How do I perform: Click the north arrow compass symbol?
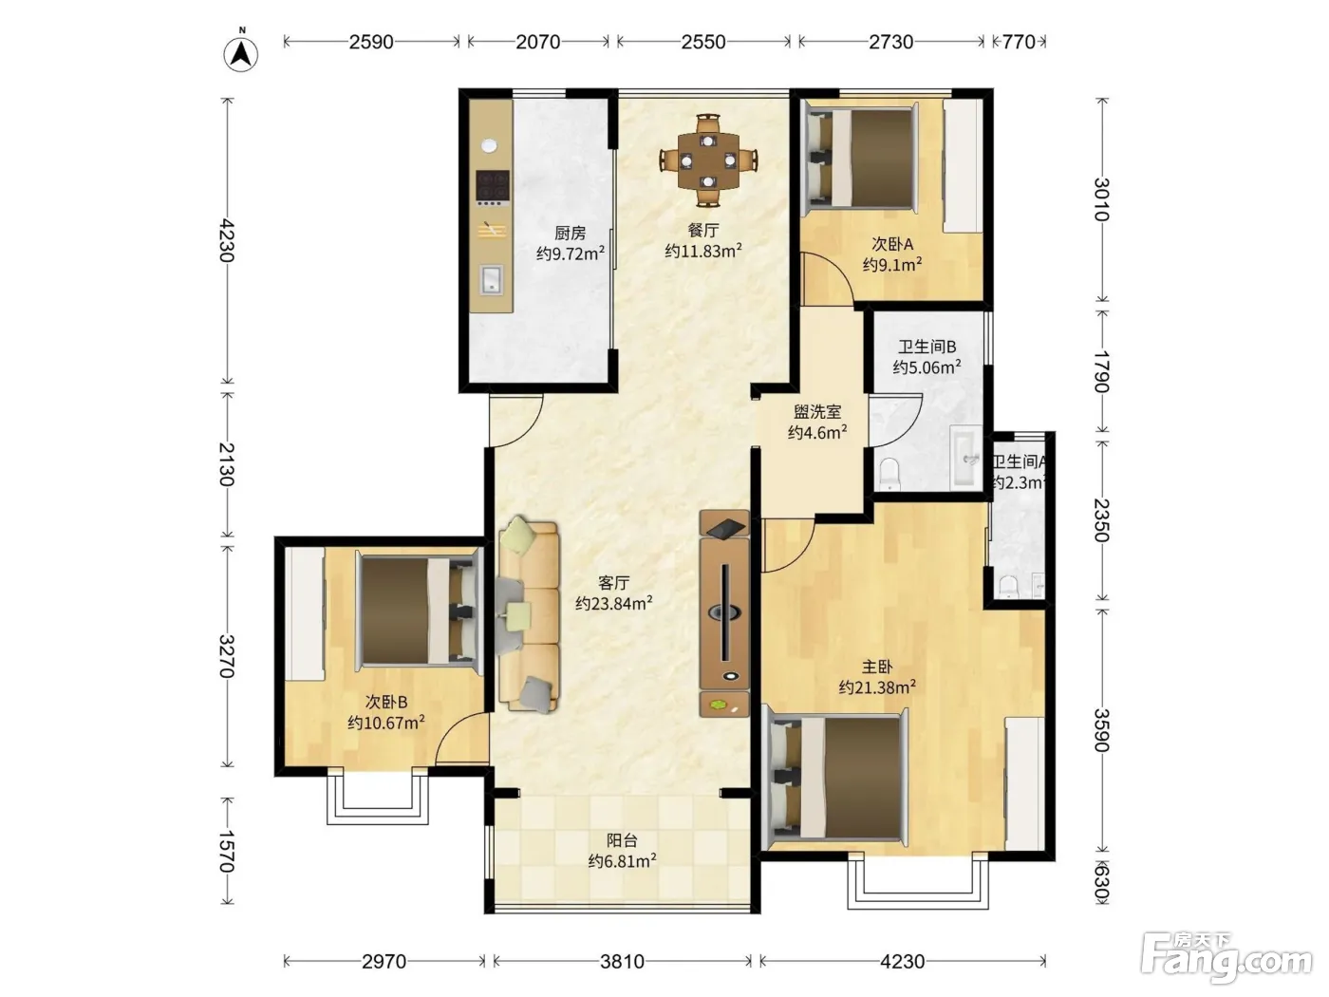click(241, 54)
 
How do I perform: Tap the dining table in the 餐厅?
click(708, 160)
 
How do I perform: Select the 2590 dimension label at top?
click(371, 42)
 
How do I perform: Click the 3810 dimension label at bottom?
click(622, 961)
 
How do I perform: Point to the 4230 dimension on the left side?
click(227, 240)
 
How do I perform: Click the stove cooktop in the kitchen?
click(493, 185)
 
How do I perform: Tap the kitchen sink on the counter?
click(491, 280)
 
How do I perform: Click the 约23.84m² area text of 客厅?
click(614, 604)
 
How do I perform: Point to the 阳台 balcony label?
click(622, 840)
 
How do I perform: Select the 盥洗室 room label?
click(817, 412)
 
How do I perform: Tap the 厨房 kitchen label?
click(570, 233)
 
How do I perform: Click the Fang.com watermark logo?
click(1226, 958)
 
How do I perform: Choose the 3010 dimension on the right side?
click(1101, 199)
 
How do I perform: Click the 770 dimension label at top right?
click(1019, 42)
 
